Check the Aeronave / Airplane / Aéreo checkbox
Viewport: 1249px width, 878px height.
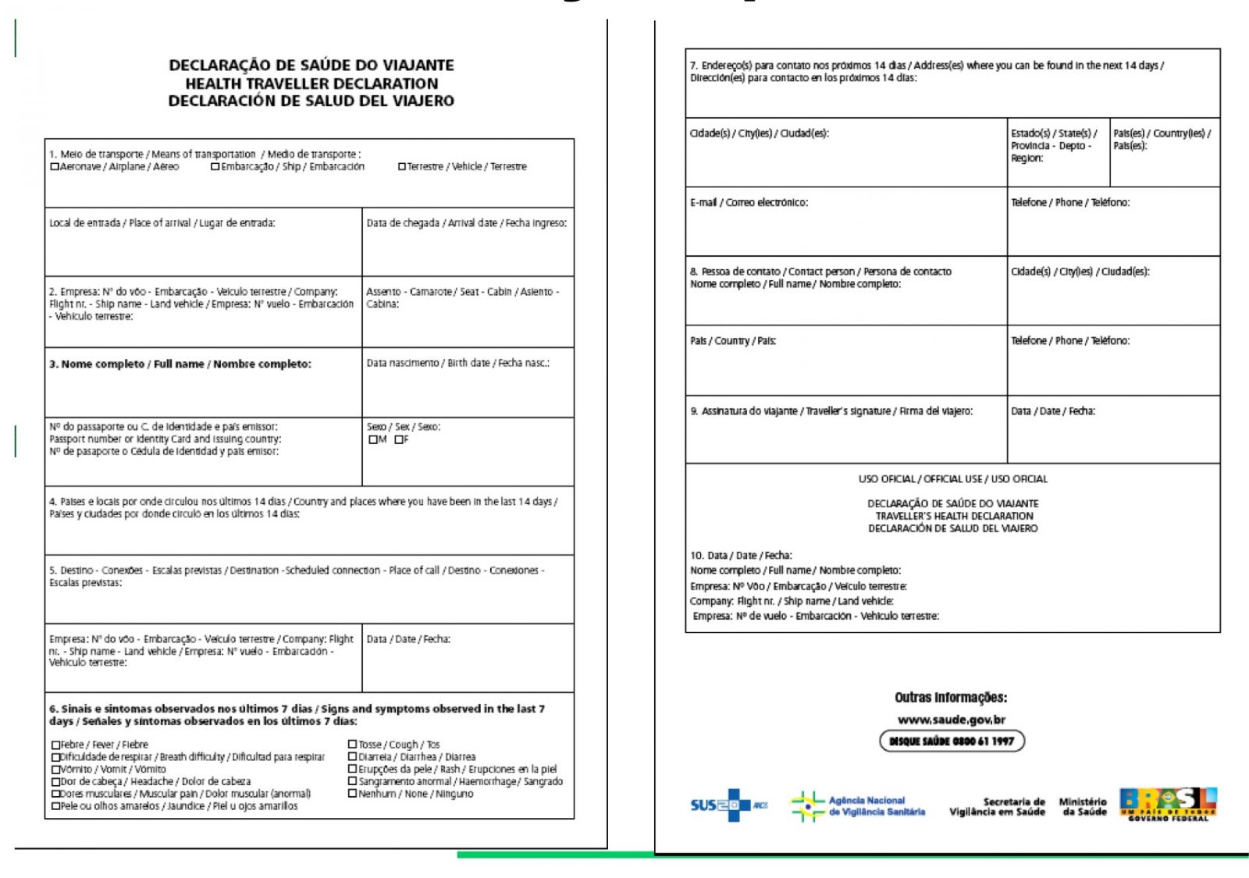55,166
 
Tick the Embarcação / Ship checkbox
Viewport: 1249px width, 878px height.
215,166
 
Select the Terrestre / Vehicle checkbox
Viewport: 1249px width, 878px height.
402,166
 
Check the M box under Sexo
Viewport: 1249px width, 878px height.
373,439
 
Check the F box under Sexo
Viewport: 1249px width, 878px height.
399,439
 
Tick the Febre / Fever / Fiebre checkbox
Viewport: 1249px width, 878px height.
55,745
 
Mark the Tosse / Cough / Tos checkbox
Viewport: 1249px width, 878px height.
353,745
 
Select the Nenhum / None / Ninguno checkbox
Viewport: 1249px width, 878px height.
353,794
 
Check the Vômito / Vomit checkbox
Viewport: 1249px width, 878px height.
55,770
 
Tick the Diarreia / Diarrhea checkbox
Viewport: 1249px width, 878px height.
353,757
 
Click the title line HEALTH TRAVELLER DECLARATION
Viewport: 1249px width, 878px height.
311,84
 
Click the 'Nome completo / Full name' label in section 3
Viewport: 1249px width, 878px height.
180,364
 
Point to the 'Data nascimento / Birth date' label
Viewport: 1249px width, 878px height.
457,363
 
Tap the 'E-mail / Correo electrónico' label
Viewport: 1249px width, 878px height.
749,202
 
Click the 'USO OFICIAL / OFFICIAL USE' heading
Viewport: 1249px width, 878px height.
952,478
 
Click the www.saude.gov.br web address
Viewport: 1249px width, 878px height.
951,720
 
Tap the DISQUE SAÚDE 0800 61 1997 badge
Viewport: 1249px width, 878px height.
952,741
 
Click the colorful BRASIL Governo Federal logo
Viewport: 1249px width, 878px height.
1168,804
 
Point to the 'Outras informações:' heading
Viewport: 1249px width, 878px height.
951,697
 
